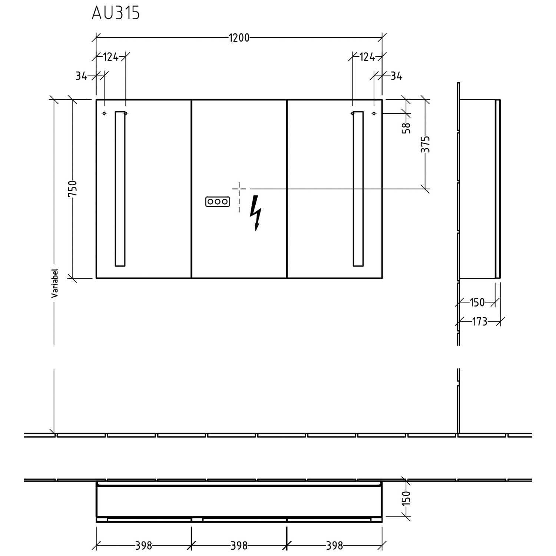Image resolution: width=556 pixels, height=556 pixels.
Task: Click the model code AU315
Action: tap(116, 13)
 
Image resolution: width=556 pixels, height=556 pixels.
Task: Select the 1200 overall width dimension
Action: tap(239, 38)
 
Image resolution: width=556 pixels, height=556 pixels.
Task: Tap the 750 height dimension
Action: tap(73, 188)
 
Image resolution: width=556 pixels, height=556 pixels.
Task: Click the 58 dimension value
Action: tap(407, 128)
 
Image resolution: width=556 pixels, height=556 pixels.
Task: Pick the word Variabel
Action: tap(55, 283)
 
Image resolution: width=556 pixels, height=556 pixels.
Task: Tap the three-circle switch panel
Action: tap(218, 202)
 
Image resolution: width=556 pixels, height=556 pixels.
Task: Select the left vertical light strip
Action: tap(120, 189)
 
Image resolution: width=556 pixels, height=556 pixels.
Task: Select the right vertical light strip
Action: tap(358, 189)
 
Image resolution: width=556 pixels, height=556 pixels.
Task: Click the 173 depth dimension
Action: tap(480, 321)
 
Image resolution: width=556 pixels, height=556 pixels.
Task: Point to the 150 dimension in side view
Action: tap(477, 302)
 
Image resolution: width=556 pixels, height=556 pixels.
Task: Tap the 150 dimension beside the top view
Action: tap(407, 498)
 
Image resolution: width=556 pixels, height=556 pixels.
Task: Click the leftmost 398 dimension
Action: tap(143, 545)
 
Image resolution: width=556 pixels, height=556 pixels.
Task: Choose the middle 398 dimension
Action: tap(239, 545)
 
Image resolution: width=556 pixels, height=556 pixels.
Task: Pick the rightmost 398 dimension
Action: tap(334, 545)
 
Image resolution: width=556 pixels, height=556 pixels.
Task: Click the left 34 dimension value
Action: tap(81, 76)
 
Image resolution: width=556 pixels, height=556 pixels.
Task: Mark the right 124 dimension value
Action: tap(367, 57)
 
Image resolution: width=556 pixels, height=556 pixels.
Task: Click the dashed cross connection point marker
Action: tap(239, 189)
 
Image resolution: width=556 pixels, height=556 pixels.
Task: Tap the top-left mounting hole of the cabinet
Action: tap(104, 113)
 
